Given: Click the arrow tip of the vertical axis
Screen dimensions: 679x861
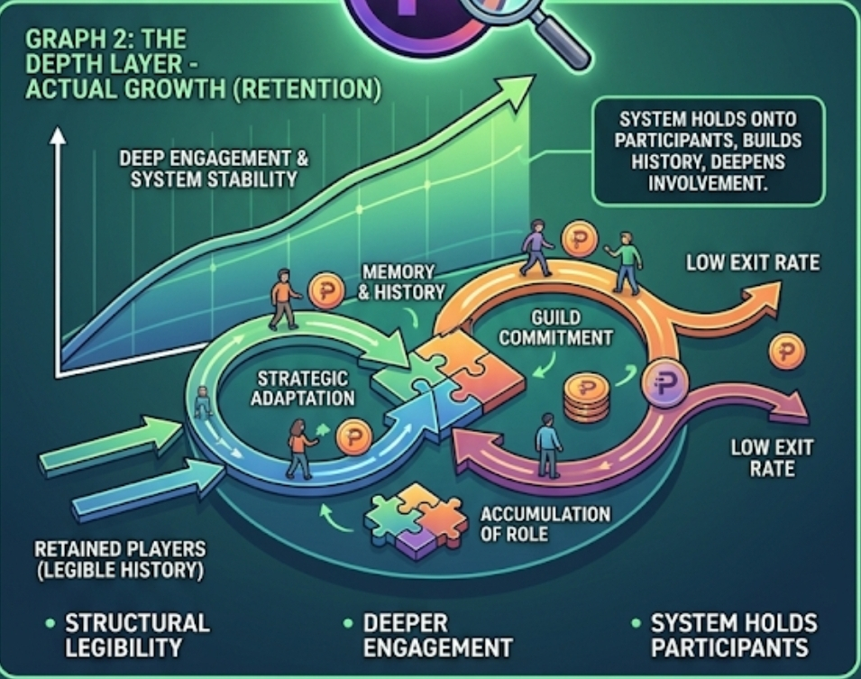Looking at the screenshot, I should tap(58, 136).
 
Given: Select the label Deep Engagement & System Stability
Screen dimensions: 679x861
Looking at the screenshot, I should tap(214, 169).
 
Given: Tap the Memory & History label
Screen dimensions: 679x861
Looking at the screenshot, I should tap(403, 281).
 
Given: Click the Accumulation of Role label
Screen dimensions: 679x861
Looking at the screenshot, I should tap(545, 524).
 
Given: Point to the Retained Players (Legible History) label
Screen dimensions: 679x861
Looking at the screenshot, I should tap(120, 559).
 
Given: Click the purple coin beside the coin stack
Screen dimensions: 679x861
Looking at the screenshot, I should tap(664, 383).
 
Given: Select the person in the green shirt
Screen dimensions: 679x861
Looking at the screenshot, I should tap(626, 262).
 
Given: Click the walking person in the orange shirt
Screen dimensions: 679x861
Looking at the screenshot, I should tap(284, 298).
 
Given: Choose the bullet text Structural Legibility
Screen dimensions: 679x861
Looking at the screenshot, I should tap(135, 635).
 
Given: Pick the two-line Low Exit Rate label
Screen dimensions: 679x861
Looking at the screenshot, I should tap(759, 457).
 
